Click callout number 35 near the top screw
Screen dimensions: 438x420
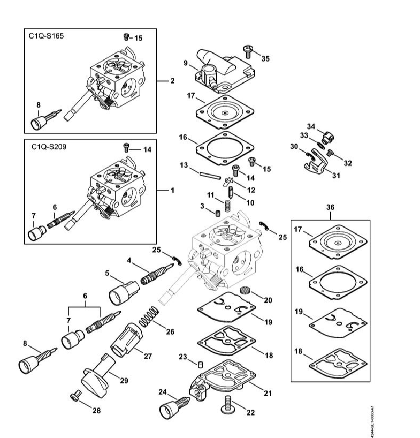[x=265, y=59]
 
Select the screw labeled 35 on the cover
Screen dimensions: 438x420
[x=249, y=51]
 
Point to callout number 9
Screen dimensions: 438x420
[x=185, y=63]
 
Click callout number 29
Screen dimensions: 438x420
[x=124, y=381]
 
